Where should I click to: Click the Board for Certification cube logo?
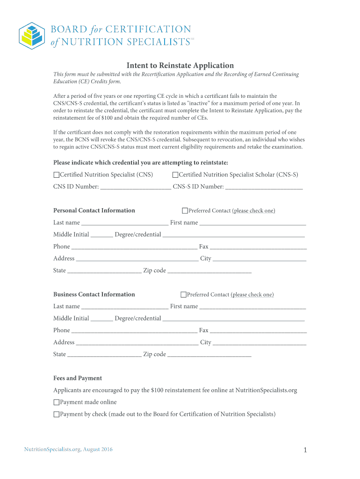(32, 35)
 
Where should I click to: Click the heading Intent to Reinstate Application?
(180, 65)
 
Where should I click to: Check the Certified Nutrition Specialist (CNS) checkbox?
(57, 175)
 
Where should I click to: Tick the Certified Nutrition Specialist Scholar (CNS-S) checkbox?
(175, 175)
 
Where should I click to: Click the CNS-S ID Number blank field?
(264, 187)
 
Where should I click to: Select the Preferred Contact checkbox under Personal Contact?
(185, 211)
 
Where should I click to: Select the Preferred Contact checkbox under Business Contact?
(183, 295)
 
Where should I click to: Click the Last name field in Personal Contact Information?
(124, 223)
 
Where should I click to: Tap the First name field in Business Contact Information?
(252, 306)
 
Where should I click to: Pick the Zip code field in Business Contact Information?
(209, 354)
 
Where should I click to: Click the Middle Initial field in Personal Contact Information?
(101, 234)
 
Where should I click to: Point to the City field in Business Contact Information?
(259, 342)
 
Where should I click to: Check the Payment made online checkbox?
(57, 402)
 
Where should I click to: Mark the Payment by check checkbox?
(57, 414)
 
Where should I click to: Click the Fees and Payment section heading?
(78, 378)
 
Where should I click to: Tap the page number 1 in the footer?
(305, 450)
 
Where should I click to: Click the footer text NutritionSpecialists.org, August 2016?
(68, 450)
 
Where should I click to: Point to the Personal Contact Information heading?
(94, 210)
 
